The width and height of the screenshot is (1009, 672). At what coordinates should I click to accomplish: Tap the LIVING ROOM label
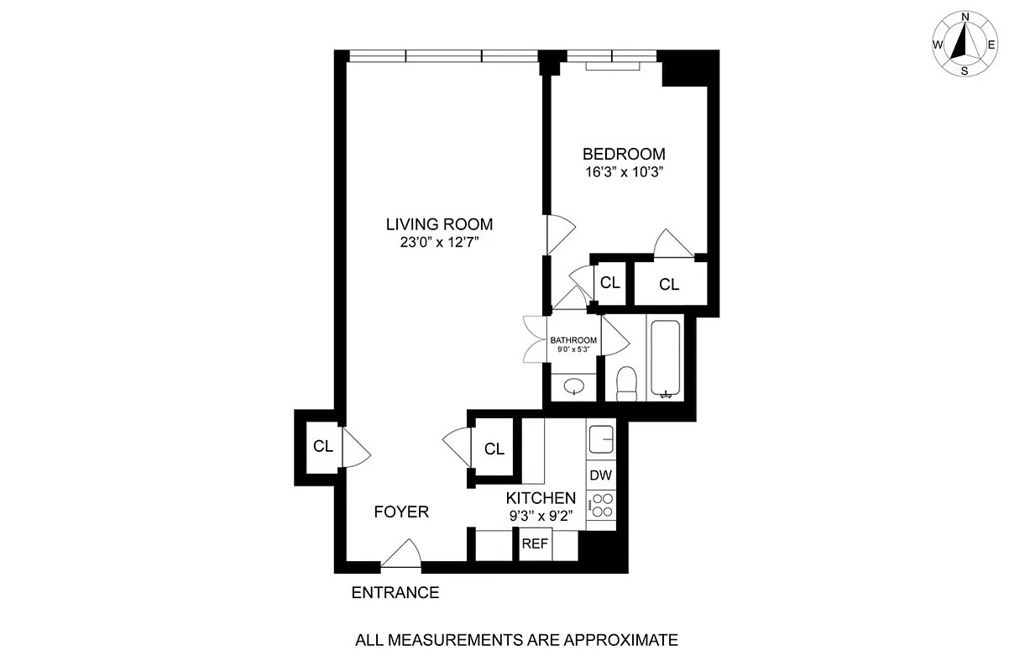(x=439, y=224)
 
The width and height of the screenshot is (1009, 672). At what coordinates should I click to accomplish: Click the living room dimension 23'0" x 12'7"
(x=439, y=243)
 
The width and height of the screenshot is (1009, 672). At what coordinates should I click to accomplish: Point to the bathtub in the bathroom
(x=667, y=356)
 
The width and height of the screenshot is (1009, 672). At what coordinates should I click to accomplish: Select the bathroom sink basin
(x=575, y=387)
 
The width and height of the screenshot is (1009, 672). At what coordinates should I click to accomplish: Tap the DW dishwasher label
(x=600, y=475)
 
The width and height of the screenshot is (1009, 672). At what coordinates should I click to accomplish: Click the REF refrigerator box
(x=535, y=543)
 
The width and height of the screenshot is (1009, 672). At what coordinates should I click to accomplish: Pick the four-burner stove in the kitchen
(x=601, y=504)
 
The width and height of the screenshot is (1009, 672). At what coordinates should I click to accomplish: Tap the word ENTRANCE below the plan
(x=395, y=592)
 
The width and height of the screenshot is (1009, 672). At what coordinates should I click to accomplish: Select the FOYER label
(x=401, y=512)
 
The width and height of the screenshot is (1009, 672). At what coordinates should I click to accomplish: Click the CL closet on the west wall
(x=323, y=446)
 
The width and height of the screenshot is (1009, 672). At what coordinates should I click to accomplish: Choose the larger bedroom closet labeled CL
(x=668, y=285)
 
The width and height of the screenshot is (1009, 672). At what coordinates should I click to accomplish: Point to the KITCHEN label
(x=541, y=498)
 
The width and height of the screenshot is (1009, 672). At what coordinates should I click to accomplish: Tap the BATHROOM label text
(x=573, y=340)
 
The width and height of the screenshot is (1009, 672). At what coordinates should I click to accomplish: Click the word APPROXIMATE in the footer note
(x=614, y=640)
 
